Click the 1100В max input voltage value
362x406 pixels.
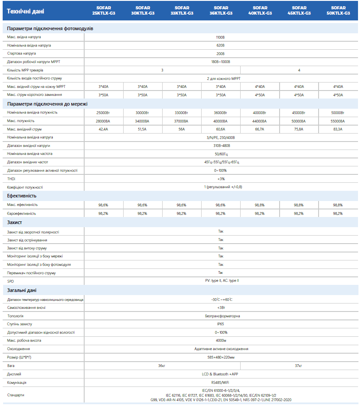(220, 37)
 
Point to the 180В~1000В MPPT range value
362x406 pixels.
(220, 62)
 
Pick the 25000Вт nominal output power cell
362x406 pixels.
(103, 113)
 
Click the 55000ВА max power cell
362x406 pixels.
(338, 121)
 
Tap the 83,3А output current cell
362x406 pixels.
(338, 129)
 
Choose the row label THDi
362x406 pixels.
(11, 179)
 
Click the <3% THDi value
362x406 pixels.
(220, 179)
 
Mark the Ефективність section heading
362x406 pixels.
(22, 196)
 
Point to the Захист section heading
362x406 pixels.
(15, 222)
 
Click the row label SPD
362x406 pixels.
(11, 281)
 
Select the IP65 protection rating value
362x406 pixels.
(220, 324)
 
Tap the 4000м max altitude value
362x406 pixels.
(220, 340)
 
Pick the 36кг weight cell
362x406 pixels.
(162, 366)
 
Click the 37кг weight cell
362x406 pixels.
(298, 366)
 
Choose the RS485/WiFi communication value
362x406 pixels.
(220, 382)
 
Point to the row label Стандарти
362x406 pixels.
(16, 395)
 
